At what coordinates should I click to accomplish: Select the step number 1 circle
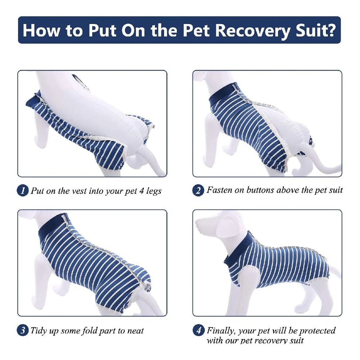pyautogui.click(x=22, y=191)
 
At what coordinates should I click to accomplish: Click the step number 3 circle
pyautogui.click(x=22, y=330)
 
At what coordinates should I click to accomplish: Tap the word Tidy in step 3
pyautogui.click(x=39, y=330)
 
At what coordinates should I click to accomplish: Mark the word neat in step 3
pyautogui.click(x=135, y=330)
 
